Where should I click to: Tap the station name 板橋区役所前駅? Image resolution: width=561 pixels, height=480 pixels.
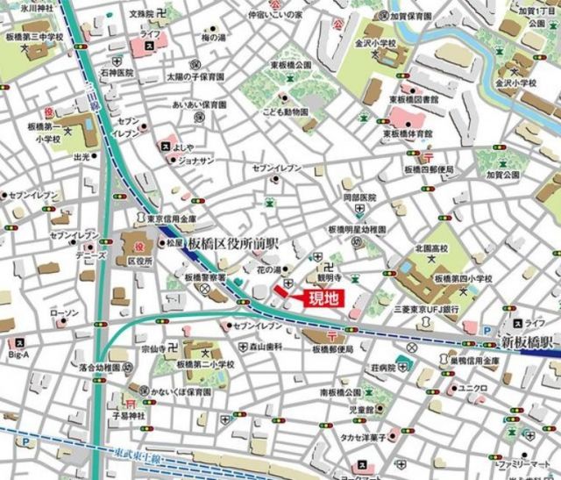pyautogui.click(x=236, y=242)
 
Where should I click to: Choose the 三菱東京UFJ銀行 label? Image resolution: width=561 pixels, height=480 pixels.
pyautogui.click(x=427, y=309)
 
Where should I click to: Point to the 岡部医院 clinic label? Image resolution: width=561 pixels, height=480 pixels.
pyautogui.click(x=359, y=197)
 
